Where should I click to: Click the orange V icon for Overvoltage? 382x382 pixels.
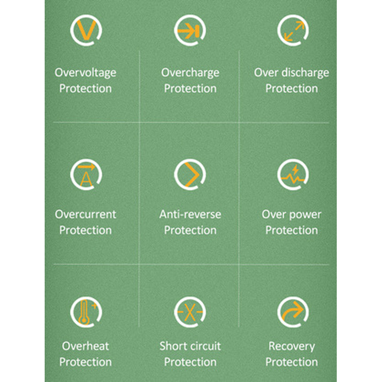coord(86,30)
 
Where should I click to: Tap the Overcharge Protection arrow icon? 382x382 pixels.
coord(190,30)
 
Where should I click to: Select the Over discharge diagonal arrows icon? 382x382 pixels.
coord(293,30)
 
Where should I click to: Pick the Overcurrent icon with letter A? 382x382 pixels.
coord(86,175)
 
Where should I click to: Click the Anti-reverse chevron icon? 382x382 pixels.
coord(190,175)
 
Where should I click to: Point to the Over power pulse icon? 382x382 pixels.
coord(293,175)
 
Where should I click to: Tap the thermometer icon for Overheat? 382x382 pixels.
coord(86,312)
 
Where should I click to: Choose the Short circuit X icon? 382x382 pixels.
coord(190,312)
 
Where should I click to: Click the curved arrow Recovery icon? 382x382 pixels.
coord(293,312)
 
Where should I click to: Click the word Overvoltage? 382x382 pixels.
coord(86,73)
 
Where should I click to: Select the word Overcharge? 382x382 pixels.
coord(190,73)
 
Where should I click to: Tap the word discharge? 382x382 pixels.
coord(305,73)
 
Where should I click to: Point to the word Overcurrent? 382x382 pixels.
coord(86,215)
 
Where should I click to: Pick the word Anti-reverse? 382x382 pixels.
coord(190,215)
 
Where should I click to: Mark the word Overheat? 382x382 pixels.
coord(86,346)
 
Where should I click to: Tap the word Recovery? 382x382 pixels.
coord(292,347)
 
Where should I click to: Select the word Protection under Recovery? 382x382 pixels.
coord(291,362)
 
